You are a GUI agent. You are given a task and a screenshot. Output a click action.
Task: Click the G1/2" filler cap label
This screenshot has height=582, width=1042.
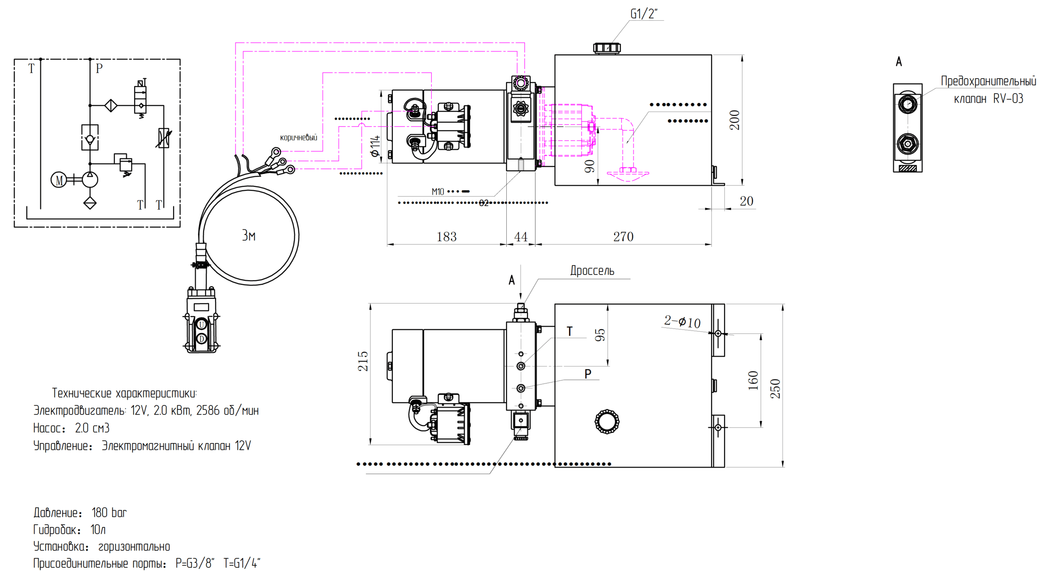[x=644, y=14]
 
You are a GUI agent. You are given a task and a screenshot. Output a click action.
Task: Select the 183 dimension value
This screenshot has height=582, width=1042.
[x=446, y=237]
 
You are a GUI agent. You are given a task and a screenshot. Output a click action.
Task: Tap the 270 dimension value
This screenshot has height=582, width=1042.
[x=623, y=237]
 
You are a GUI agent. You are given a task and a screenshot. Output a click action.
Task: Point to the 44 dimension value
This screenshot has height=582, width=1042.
[x=521, y=237]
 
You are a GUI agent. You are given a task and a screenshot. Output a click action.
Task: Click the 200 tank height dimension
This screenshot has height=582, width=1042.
[x=734, y=120]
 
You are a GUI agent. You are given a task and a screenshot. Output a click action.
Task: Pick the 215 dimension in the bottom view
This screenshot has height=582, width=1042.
[x=363, y=361]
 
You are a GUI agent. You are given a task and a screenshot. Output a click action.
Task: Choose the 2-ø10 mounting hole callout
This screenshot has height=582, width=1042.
[x=682, y=322]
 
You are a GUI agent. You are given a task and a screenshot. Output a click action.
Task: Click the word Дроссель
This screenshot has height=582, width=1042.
[x=592, y=271]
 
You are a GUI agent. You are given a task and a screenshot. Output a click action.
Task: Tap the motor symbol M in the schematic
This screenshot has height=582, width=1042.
[x=59, y=180]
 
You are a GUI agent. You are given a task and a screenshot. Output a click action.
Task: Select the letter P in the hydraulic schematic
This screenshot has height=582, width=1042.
[x=99, y=68]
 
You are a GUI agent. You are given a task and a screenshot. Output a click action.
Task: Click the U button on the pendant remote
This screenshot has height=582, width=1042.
[x=201, y=325]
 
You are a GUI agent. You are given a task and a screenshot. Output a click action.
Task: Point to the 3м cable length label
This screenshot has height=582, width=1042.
[x=249, y=235]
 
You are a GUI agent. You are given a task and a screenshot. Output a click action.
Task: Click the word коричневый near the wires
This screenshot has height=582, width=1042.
[x=298, y=138]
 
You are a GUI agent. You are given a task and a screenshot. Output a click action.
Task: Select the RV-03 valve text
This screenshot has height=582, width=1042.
[x=1008, y=99]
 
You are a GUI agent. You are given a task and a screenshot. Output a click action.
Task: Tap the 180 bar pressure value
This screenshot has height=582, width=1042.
[x=109, y=512]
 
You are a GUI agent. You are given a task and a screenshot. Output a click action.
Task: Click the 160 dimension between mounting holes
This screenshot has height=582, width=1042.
[x=753, y=380]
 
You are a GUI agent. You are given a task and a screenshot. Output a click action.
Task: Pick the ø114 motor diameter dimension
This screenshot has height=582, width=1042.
[x=374, y=146]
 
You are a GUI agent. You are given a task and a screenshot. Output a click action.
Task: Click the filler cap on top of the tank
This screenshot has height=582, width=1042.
[x=606, y=48]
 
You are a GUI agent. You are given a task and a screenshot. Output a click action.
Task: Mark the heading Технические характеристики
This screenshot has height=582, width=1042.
[x=124, y=393]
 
